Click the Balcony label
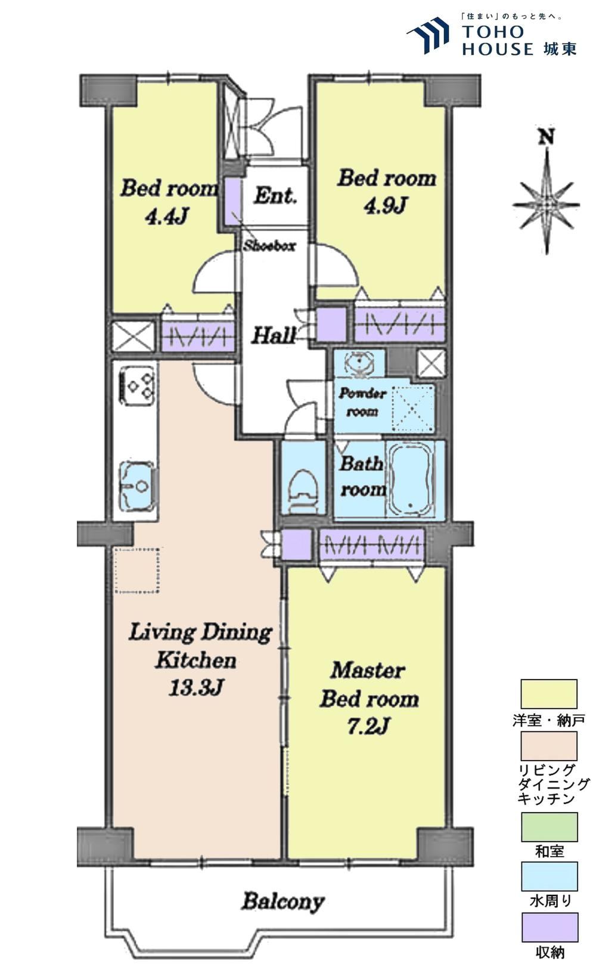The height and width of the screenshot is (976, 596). (284, 901)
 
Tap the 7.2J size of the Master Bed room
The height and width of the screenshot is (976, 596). (368, 726)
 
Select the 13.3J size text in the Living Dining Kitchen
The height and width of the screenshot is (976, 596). (196, 688)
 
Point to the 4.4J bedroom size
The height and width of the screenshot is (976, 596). (167, 217)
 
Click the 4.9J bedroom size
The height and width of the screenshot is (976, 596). (386, 205)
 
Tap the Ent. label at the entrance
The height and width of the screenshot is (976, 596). (275, 196)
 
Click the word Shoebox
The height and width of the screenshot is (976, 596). (269, 246)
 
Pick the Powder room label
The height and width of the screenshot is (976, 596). (362, 402)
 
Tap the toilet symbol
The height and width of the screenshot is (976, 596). (304, 491)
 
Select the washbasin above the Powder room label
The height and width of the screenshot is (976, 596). (359, 364)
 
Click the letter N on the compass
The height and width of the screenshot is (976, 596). (547, 137)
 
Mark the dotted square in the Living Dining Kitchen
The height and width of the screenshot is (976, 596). (137, 570)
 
